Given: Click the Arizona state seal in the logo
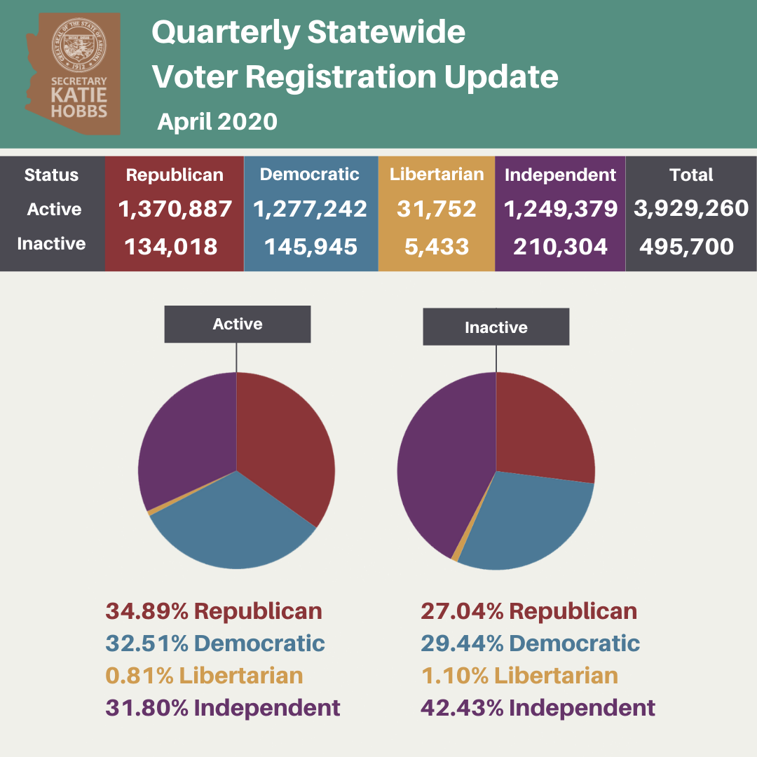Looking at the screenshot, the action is [x=79, y=46].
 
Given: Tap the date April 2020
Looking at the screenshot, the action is [x=217, y=121].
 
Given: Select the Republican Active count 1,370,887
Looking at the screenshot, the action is [x=175, y=209].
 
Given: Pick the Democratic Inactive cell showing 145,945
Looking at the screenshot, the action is [x=311, y=247].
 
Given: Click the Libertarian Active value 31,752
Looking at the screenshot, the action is [x=437, y=209].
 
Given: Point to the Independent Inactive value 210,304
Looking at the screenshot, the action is [x=560, y=247].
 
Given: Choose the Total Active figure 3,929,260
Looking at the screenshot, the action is [x=691, y=209].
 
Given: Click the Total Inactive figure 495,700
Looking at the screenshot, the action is [x=686, y=247].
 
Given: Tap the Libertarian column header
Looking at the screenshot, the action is [x=437, y=175].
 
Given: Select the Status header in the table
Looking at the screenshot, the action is [x=51, y=175].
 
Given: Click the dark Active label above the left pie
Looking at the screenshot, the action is [x=238, y=324].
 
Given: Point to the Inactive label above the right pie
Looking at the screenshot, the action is [x=496, y=327].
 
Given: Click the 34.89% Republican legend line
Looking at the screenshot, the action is [x=214, y=611].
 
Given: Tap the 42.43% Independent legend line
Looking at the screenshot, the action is [x=538, y=708].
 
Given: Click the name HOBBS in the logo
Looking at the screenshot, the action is [x=79, y=111].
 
